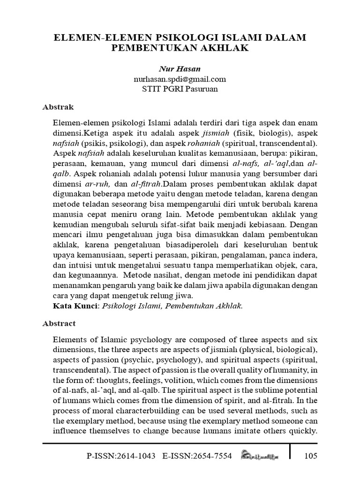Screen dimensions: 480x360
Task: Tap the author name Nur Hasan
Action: click(180, 69)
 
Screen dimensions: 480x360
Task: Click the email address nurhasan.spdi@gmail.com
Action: click(180, 79)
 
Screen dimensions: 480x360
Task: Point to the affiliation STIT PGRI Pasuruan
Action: click(180, 89)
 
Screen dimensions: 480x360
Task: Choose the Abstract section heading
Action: click(59, 323)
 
